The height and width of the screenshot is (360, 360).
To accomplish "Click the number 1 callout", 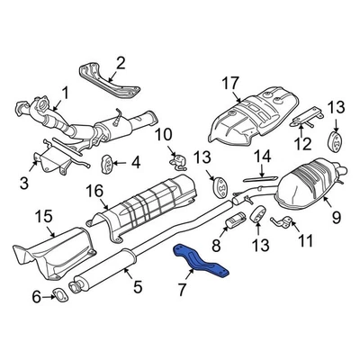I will pos(64,91).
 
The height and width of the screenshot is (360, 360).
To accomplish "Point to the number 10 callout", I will pos(163,135).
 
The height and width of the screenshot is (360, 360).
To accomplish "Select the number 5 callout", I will pos(137,287).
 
